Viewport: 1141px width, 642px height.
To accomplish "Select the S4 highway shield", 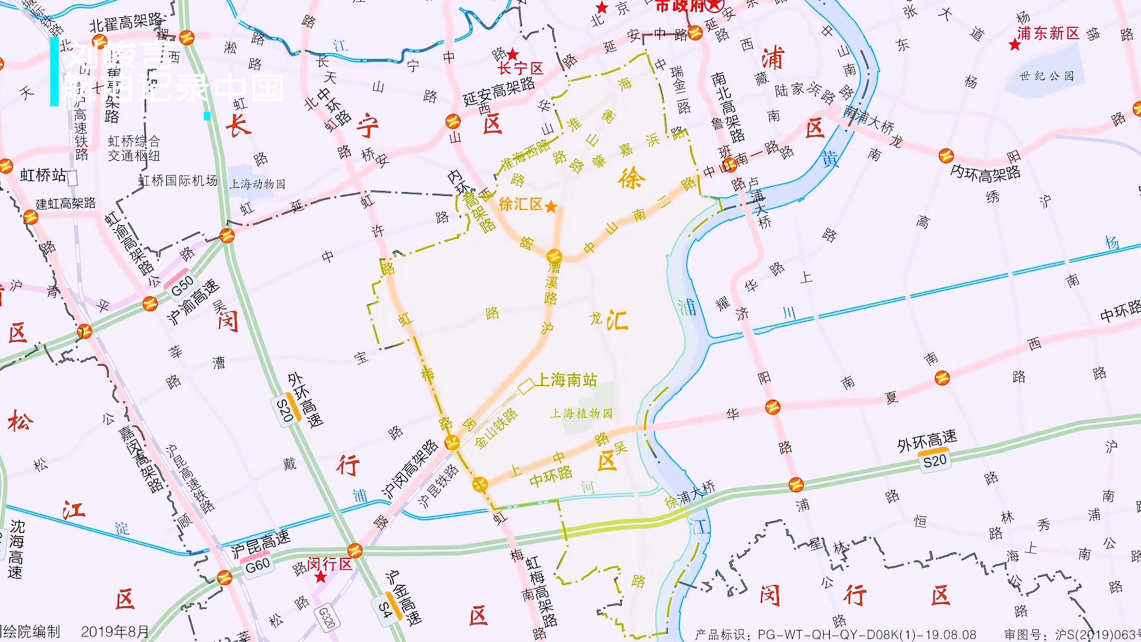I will pos(387,605).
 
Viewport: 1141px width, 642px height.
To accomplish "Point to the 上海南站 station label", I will pos(565,380).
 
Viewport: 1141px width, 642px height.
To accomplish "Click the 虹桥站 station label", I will pos(43,175).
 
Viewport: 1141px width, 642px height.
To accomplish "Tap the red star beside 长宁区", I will pos(513,55).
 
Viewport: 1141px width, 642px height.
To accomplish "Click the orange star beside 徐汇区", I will pos(550,206).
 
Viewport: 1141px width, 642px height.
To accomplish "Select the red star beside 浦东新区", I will pos(1014,45).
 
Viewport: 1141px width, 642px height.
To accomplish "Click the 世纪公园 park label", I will pos(1047,76).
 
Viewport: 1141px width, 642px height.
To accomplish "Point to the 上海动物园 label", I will pos(257,183).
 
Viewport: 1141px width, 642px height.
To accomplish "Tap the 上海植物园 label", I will pos(581,413).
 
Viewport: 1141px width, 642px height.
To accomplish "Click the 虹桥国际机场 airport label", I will pos(178,181).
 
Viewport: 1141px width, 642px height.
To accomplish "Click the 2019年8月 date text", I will pos(115,632).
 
